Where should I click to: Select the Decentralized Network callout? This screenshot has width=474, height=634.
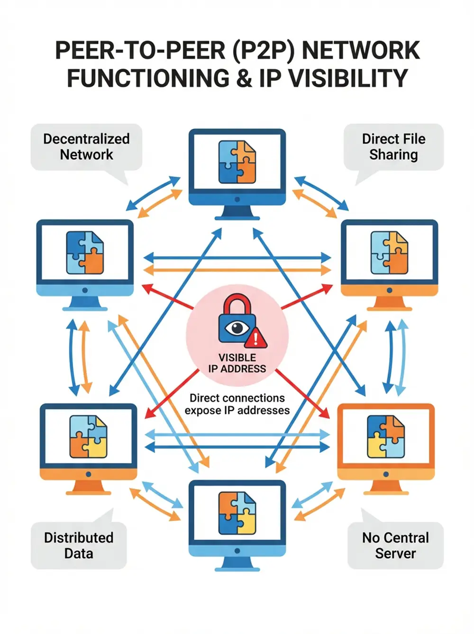pos(86,147)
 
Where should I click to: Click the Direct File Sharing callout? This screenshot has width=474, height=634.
pos(393,147)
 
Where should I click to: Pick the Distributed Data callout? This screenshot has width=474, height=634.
pos(79,545)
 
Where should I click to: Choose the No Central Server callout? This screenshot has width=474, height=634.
pos(395,545)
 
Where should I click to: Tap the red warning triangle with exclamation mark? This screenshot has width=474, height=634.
pos(256,338)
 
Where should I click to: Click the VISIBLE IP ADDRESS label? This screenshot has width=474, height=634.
pos(237,363)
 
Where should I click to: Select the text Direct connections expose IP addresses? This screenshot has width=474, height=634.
pos(237,404)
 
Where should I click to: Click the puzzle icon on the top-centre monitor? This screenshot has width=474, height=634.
pos(237,162)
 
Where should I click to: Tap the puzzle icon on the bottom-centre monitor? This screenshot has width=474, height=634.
pos(237,513)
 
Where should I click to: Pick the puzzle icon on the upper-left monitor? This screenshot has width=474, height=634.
pos(85,253)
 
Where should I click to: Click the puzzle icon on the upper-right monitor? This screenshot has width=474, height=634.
pos(389,253)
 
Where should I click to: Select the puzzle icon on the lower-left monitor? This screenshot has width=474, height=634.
pos(88,437)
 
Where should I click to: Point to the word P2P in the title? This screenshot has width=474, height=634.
pos(263,51)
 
